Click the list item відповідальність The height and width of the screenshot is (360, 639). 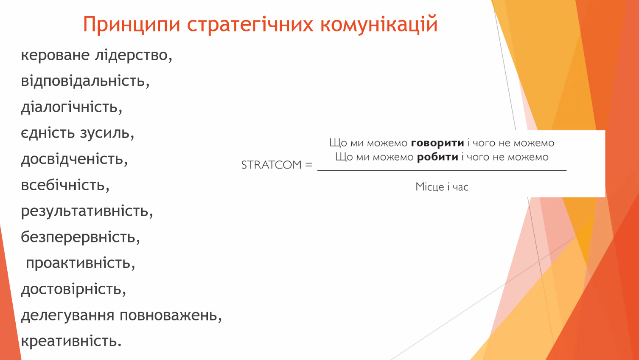click(85, 81)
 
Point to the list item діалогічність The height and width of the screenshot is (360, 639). click(72, 107)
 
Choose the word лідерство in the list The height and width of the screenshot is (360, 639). click(134, 55)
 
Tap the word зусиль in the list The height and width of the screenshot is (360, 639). click(107, 133)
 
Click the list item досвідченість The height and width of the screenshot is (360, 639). click(74, 159)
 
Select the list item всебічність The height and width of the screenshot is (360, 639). click(65, 185)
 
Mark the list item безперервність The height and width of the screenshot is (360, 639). click(81, 237)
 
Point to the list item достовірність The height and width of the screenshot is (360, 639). click(73, 290)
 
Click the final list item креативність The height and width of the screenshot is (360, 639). click(71, 341)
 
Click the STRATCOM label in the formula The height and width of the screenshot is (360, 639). click(271, 165)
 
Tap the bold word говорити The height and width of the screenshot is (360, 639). click(437, 143)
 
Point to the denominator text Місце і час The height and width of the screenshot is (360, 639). click(442, 187)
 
